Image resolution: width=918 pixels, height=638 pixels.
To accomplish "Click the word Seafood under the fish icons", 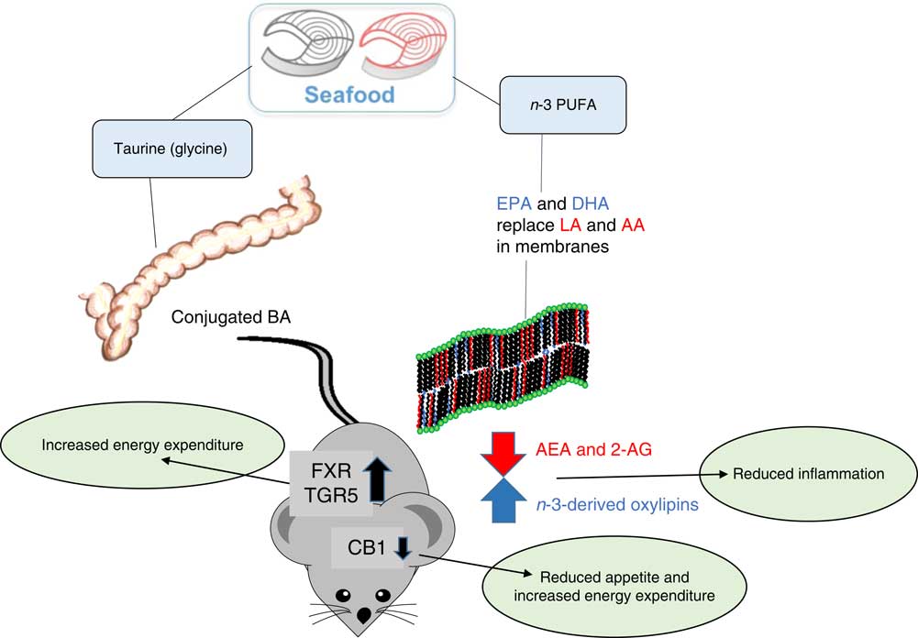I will point(351,93).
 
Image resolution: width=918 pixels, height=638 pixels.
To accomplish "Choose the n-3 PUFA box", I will point(544,106).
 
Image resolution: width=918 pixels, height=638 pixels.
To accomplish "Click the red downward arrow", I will point(502,452).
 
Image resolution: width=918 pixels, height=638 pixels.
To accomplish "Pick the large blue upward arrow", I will point(502,500).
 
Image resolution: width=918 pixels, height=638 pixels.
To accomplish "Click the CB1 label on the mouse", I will point(359,547).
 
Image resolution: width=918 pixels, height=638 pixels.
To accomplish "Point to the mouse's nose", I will point(364,615).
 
